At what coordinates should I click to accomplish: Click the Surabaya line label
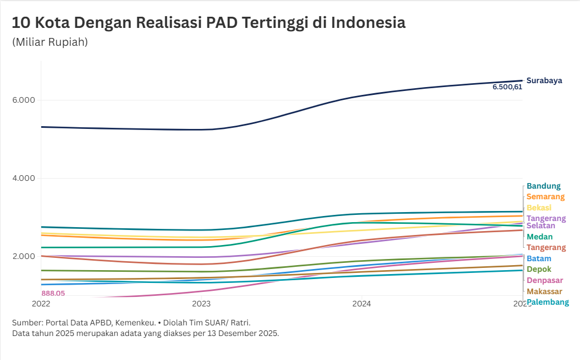(x=544, y=80)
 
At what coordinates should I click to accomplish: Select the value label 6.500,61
(x=507, y=87)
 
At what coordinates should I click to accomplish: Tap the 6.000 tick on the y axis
(x=24, y=100)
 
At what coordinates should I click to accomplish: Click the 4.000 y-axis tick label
(x=24, y=179)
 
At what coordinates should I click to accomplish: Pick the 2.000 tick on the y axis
(x=24, y=257)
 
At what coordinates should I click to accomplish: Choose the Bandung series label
(x=543, y=186)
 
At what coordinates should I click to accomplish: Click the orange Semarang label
(x=545, y=196)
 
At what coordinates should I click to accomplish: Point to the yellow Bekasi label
(x=539, y=208)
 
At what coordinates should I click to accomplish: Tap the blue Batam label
(x=539, y=258)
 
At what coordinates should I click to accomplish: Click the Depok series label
(x=539, y=269)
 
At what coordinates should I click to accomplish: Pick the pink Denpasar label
(x=544, y=280)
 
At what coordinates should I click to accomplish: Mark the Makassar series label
(x=544, y=291)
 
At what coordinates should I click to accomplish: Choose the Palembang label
(x=548, y=302)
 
